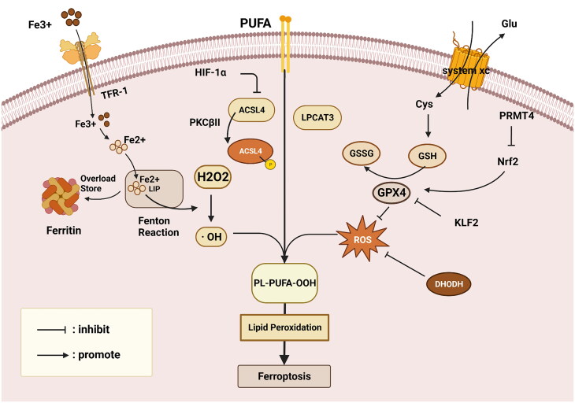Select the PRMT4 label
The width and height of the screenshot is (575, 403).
click(x=517, y=115)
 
